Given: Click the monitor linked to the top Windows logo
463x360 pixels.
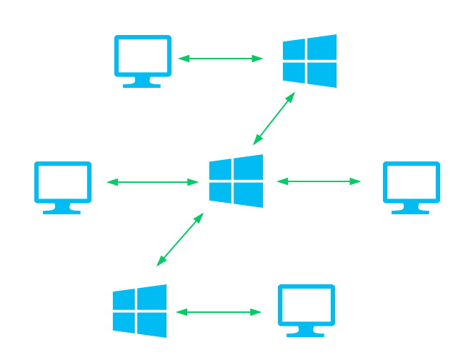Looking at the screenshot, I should pos(143,56).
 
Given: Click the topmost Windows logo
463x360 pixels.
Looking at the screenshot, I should pos(309,61).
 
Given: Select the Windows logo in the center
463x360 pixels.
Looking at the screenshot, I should pos(236,181).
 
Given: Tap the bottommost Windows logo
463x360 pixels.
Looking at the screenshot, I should pos(139,311).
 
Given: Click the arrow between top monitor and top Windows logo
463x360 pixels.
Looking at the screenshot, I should pos(220,59).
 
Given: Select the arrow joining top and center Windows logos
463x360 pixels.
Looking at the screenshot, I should pos(274,118).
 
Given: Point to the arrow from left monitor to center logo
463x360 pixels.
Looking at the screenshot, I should pos(152,182).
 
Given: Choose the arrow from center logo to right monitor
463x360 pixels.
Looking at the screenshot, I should pos(319,181).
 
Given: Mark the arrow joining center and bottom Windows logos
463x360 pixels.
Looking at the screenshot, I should pos(180,239).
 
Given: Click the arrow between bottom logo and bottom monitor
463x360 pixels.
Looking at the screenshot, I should pos(219,312).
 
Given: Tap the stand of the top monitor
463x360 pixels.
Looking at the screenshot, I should pos(142,83).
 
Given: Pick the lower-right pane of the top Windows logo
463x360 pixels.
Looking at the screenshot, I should pos(322,74).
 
